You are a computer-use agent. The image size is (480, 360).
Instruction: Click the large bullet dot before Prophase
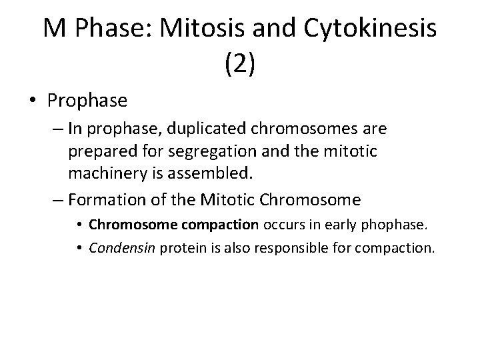pyautogui.click(x=32, y=101)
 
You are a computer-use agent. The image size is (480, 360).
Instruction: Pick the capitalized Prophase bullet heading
pyautogui.click(x=87, y=101)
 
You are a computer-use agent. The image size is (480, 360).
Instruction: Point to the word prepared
pyautogui.click(x=99, y=152)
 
